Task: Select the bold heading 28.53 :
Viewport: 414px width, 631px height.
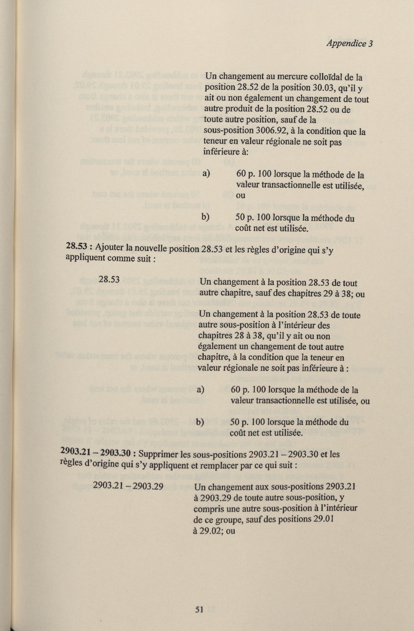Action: click(x=79, y=246)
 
